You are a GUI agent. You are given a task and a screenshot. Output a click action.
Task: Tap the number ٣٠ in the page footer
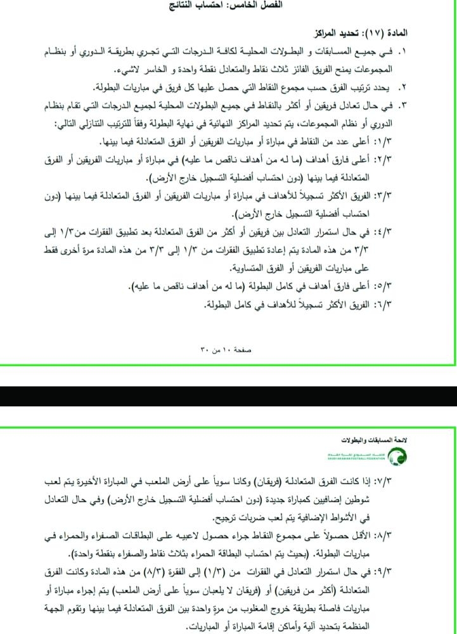204,349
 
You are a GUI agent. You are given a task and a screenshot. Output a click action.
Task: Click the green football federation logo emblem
400,455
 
